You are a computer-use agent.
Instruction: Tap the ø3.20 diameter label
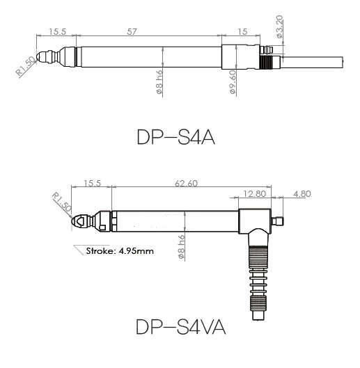click(x=279, y=29)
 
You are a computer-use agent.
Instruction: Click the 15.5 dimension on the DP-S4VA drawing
click(x=93, y=183)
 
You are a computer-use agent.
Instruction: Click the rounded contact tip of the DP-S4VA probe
click(x=77, y=222)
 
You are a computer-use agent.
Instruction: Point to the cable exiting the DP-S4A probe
click(x=317, y=61)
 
